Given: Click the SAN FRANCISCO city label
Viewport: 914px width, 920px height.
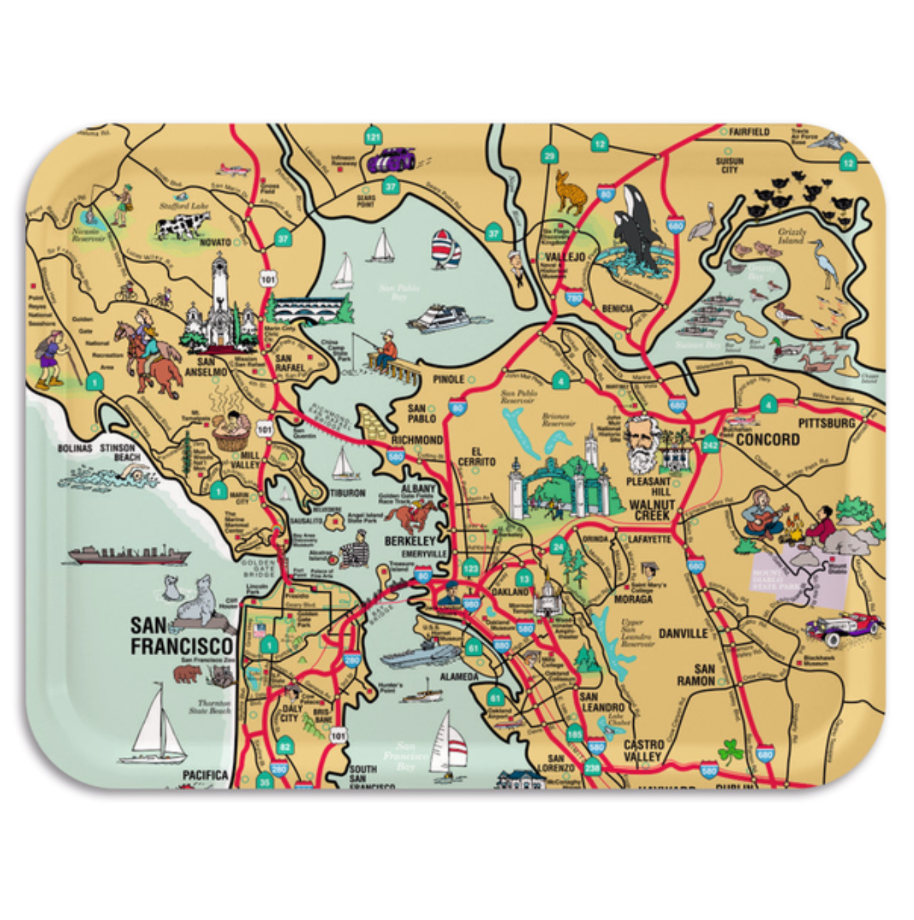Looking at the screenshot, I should pos(181,636).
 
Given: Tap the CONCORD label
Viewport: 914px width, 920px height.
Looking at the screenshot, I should pos(767,440).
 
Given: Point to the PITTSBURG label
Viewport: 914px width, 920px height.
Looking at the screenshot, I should pos(826,423).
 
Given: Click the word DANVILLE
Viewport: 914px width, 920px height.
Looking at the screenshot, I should pos(683,634).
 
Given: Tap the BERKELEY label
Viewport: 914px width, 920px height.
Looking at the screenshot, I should pos(409,540).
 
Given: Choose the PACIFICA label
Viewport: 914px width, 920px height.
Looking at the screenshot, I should pos(205,775).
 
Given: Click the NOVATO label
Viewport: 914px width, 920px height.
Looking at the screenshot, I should pos(215,242).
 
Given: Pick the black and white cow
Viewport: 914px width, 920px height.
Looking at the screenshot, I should pos(182,225).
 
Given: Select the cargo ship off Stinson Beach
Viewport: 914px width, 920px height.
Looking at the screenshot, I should pos(129,555).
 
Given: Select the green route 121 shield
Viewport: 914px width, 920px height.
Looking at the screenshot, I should pos(373,137).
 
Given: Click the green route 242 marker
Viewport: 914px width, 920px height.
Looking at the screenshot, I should pos(710,445).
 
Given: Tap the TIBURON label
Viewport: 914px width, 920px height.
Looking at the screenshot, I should pos(348,493).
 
